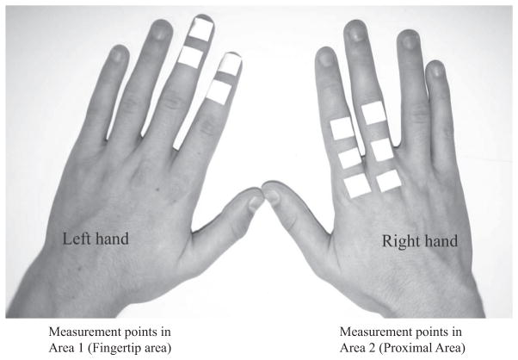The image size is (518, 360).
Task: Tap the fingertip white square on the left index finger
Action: (230, 64)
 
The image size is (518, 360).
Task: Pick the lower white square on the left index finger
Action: (218, 91)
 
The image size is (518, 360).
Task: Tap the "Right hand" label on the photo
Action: (419, 241)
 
